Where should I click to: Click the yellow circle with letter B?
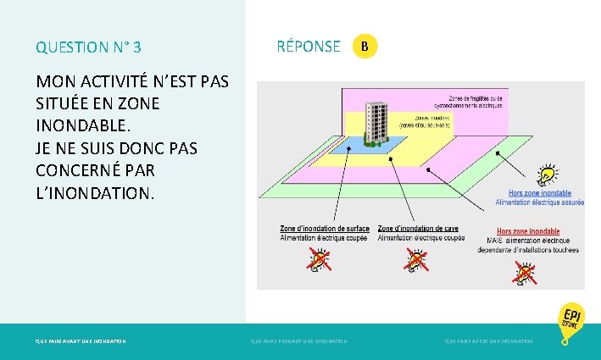tap(364, 46)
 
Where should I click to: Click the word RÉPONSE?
tap(309, 47)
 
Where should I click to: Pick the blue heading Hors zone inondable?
tap(539, 193)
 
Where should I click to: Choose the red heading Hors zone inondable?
tap(527, 231)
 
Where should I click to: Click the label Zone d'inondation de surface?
tap(325, 229)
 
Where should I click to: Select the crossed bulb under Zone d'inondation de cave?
tap(415, 262)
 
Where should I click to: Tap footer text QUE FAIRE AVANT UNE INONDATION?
tap(81, 341)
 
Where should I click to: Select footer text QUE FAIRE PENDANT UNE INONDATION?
tap(299, 341)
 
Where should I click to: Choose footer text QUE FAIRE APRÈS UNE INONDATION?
tap(489, 341)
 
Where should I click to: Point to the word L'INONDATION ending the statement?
tap(96, 194)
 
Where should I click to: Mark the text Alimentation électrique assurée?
tap(539, 203)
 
